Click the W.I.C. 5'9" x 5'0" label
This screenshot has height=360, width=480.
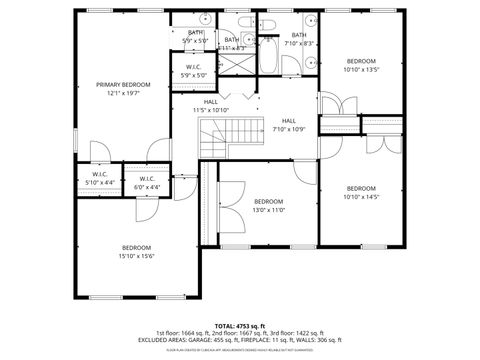(193, 73)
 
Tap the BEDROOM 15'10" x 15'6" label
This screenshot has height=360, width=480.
(137, 252)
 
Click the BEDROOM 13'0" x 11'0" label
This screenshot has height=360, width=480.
(268, 206)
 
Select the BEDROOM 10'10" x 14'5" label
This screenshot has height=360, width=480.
(361, 193)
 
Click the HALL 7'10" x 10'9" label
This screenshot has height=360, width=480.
(289, 125)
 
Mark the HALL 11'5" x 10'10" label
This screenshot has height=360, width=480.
(211, 106)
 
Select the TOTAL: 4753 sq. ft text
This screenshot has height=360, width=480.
(239, 325)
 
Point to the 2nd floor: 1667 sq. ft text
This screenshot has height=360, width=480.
(244, 332)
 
